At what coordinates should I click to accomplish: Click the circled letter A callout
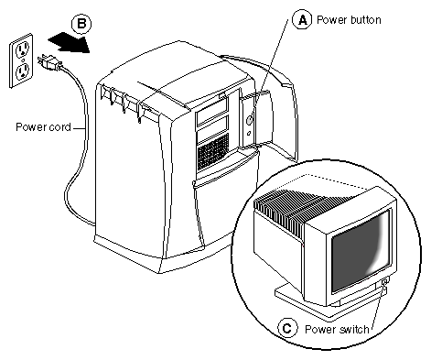(302, 20)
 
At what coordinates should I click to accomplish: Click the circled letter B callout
(81, 24)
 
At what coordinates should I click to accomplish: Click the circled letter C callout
(287, 328)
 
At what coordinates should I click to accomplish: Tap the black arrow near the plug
(69, 42)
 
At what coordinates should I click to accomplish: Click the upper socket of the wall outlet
(22, 49)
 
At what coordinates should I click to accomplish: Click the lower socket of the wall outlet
(22, 72)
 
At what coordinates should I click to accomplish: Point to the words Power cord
(43, 126)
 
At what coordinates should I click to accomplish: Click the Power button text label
(349, 20)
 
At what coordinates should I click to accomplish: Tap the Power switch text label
(337, 329)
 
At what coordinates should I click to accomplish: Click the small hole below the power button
(249, 133)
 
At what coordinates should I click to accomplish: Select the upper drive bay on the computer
(212, 115)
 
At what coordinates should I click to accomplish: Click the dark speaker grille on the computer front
(213, 152)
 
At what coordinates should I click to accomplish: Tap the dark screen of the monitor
(361, 250)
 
